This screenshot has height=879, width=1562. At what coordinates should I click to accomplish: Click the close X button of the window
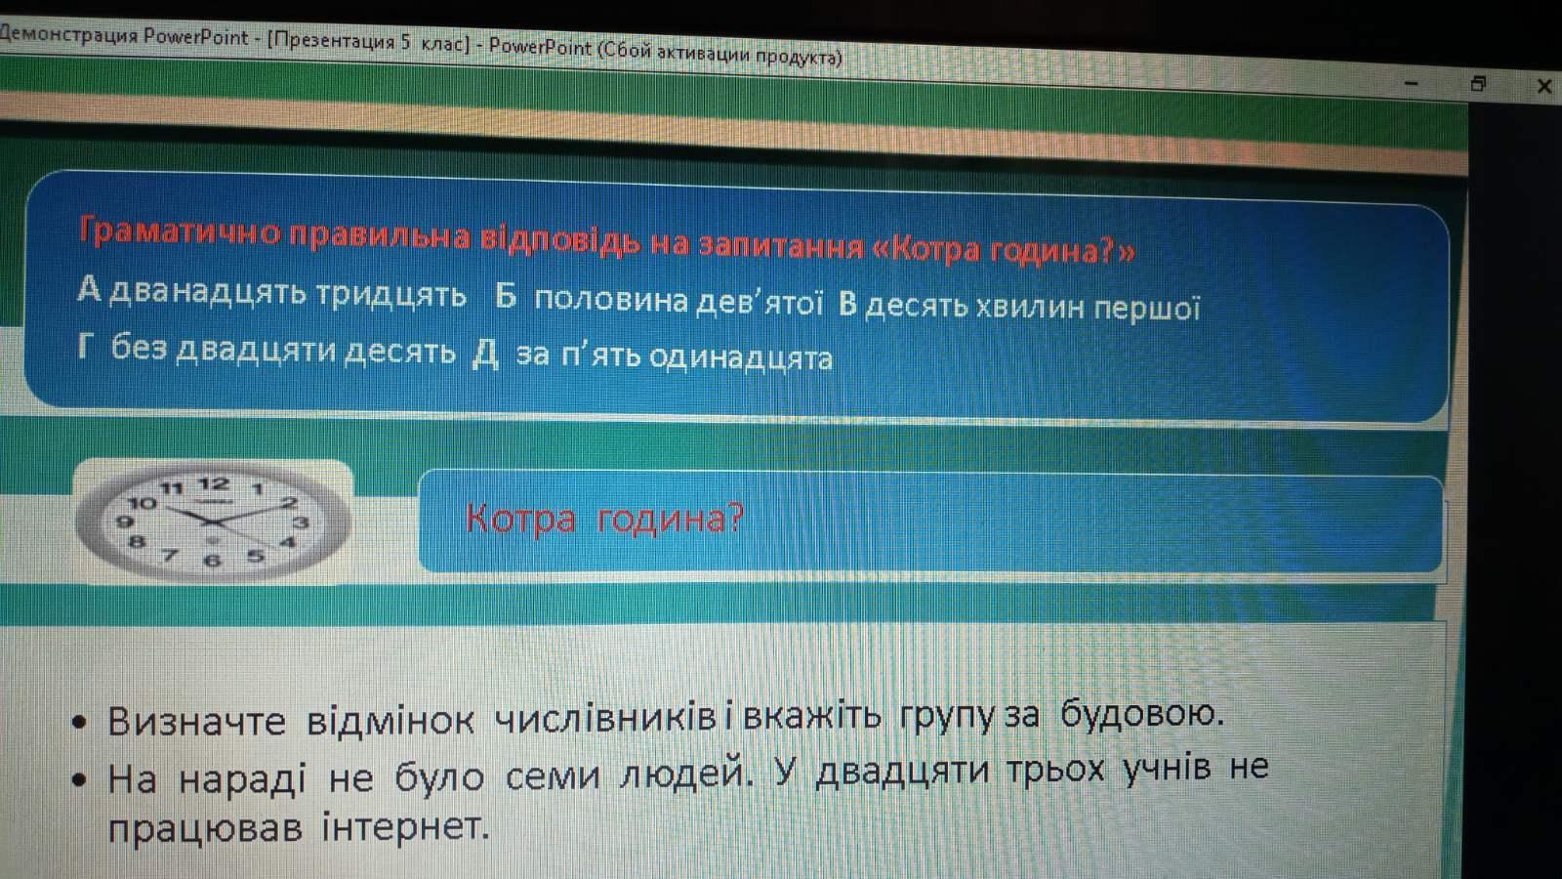[x=1543, y=87]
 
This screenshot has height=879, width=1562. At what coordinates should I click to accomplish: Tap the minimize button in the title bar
[x=1412, y=84]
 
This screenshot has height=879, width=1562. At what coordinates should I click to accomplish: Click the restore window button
[x=1478, y=84]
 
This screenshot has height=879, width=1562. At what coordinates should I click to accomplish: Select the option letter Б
[x=507, y=295]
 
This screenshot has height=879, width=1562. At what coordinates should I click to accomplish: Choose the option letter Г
[x=87, y=346]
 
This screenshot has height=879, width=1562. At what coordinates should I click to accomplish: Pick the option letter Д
[x=486, y=355]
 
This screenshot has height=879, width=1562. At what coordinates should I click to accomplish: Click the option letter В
[x=847, y=304]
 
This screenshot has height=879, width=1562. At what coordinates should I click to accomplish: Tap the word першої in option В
[x=1146, y=309]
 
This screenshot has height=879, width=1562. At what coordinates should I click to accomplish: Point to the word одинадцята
[x=741, y=357]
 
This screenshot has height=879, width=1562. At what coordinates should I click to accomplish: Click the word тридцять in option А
[x=391, y=294]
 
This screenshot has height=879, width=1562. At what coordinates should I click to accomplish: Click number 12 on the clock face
[x=214, y=482]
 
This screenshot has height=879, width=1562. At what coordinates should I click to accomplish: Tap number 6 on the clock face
[x=213, y=561]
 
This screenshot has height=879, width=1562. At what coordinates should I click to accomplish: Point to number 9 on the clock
[x=125, y=522]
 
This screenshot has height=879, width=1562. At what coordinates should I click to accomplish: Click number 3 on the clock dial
[x=301, y=523]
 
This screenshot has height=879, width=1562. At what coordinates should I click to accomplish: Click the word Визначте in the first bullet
[x=196, y=722]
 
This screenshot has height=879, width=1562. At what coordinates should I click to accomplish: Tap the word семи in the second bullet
[x=553, y=775]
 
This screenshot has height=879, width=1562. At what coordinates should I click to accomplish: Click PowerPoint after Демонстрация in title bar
[x=195, y=36]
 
